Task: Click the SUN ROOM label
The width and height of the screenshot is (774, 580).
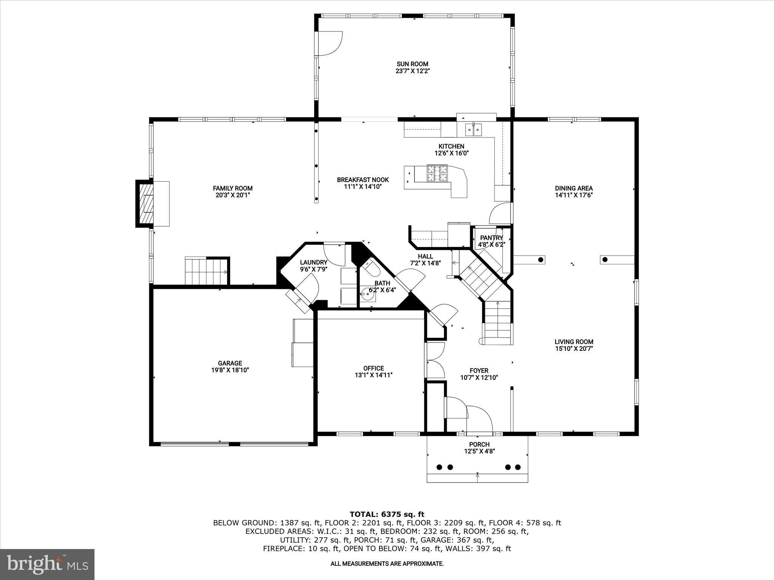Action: tap(412, 64)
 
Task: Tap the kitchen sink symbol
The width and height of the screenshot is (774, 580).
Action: tap(474, 130)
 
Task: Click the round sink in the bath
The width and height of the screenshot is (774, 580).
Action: tap(367, 293)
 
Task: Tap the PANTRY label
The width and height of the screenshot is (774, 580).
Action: tap(491, 238)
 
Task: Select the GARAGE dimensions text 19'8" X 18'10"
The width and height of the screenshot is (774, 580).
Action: tap(230, 370)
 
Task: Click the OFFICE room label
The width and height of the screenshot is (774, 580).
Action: tap(373, 368)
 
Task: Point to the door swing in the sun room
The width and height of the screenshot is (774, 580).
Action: tap(330, 43)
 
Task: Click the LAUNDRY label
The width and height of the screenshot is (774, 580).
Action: tap(313, 262)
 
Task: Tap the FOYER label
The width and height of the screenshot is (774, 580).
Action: tap(479, 371)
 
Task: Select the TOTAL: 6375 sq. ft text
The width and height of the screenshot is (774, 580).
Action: tap(387, 514)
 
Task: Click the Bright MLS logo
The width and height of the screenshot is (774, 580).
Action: tap(47, 564)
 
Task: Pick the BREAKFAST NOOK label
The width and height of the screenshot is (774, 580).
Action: tap(363, 180)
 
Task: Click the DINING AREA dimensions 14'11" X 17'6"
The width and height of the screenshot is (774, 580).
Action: tap(573, 195)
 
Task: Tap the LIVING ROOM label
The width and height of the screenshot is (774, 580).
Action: tap(574, 342)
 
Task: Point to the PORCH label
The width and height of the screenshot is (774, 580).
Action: tap(479, 444)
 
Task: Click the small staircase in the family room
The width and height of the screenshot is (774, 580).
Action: tap(206, 271)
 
